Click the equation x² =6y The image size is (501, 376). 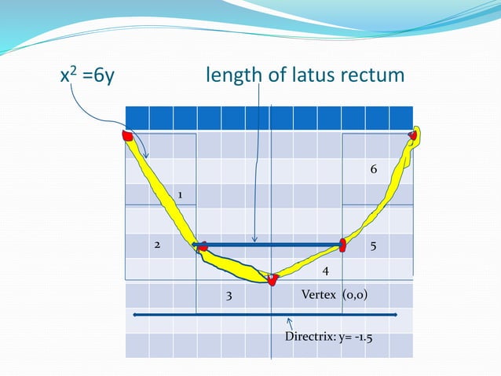click(89, 76)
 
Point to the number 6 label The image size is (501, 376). click(374, 170)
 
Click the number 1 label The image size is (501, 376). click(181, 194)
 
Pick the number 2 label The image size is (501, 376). click(156, 245)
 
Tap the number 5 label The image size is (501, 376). click(373, 245)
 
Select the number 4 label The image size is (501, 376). click(324, 271)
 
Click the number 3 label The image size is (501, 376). click(229, 297)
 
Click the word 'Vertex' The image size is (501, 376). click(318, 296)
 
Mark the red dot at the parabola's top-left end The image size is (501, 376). click(127, 136)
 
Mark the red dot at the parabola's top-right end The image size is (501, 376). click(412, 136)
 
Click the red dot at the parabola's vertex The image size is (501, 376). click(272, 279)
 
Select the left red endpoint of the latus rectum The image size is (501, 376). click(202, 246)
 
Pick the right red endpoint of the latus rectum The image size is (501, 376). click(342, 245)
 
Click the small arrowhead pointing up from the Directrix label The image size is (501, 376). click(288, 321)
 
